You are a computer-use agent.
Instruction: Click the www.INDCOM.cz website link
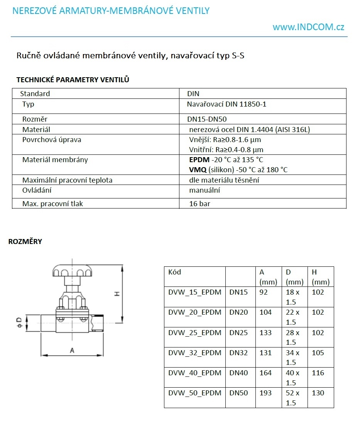(308, 27)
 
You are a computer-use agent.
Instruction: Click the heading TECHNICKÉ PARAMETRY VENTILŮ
(73, 80)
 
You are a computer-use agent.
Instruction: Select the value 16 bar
(199, 203)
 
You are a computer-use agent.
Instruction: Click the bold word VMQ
(198, 169)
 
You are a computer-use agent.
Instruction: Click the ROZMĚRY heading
(25, 242)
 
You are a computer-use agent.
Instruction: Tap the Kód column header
(174, 272)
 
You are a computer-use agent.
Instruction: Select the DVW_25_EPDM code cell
(195, 332)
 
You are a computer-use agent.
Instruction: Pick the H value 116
(318, 373)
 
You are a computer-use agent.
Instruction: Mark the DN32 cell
(238, 353)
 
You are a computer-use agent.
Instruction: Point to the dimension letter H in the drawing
(117, 294)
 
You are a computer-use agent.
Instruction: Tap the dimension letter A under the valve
(71, 350)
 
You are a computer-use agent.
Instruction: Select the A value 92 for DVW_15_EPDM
(264, 292)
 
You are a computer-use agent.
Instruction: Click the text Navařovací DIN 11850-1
(226, 104)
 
